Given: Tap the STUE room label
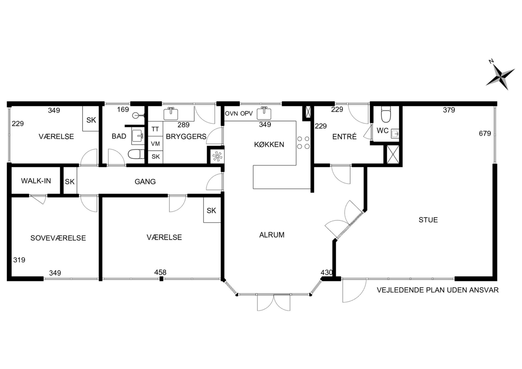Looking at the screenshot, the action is pyautogui.click(x=428, y=220).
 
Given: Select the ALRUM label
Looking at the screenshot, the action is pyautogui.click(x=272, y=235).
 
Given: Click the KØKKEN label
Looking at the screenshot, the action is pyautogui.click(x=269, y=144).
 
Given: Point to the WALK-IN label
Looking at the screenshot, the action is pyautogui.click(x=36, y=181).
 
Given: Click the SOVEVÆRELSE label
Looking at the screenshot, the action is pyautogui.click(x=58, y=238).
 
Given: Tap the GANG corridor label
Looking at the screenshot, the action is pyautogui.click(x=145, y=181).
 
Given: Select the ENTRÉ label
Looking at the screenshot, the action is pyautogui.click(x=344, y=137).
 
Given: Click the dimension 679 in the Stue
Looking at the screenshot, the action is pyautogui.click(x=485, y=134).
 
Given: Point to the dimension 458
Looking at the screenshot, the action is pyautogui.click(x=160, y=272).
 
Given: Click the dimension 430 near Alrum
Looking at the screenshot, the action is pyautogui.click(x=327, y=272).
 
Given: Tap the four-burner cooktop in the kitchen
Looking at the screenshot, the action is pyautogui.click(x=303, y=143).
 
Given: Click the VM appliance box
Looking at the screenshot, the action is pyautogui.click(x=155, y=144).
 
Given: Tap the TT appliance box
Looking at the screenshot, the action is pyautogui.click(x=155, y=129).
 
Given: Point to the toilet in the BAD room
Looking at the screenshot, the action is pyautogui.click(x=136, y=154).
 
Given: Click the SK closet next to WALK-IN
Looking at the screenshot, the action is pyautogui.click(x=70, y=182).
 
